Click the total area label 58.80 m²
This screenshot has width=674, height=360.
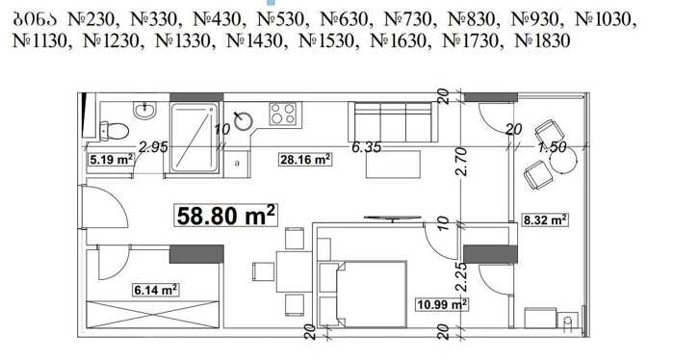tap(225, 216)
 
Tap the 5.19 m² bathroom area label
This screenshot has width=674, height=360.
tap(111, 160)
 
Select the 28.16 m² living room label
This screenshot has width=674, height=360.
tap(305, 160)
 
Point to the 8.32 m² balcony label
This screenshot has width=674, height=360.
tap(545, 220)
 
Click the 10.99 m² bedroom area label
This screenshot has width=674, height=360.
tap(442, 304)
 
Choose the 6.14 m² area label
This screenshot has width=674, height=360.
tap(156, 290)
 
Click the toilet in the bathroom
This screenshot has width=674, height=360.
tap(114, 131)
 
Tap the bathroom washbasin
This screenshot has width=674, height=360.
tap(145, 111)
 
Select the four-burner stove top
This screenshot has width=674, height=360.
tap(282, 114)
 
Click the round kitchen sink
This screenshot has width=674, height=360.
tap(245, 120)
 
